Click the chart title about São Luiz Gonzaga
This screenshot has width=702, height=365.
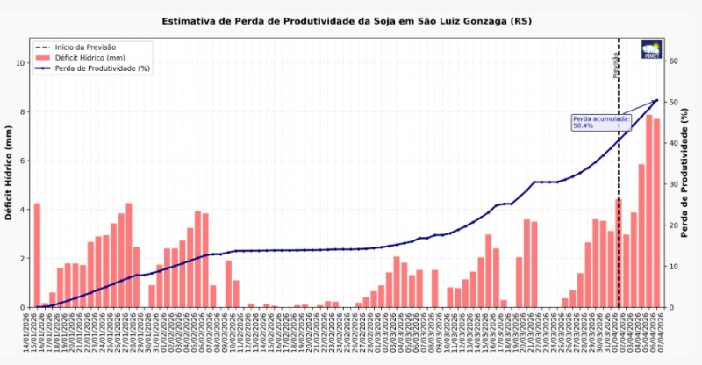click(347, 20)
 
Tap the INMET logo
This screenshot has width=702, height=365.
click(651, 49)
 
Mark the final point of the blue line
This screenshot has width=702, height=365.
click(656, 100)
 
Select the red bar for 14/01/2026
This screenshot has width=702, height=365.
click(37, 254)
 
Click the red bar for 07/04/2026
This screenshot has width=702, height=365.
click(656, 212)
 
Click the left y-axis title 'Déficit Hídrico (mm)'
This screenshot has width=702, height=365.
click(10, 172)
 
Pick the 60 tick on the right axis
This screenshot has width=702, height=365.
click(673, 61)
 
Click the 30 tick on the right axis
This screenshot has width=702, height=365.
click(673, 184)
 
